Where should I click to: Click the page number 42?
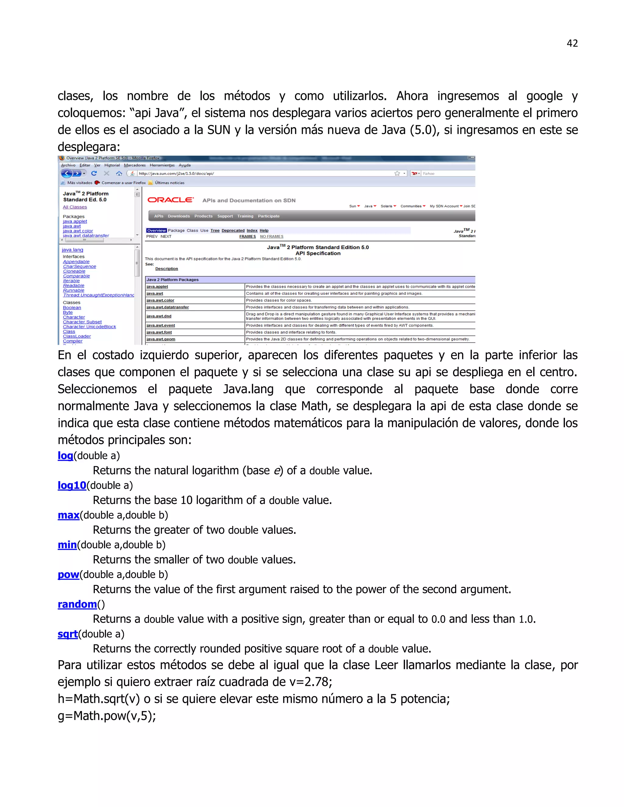click(572, 43)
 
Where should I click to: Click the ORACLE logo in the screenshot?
click(170, 200)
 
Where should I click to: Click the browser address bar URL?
click(176, 173)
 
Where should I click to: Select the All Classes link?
click(75, 207)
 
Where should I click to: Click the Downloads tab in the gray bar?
click(179, 216)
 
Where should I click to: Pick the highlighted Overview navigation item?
click(156, 230)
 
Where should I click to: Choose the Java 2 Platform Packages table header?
click(173, 280)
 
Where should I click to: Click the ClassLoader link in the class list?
click(76, 336)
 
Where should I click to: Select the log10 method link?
click(72, 485)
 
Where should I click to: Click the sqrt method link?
click(68, 634)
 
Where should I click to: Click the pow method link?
click(68, 574)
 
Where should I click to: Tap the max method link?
click(68, 515)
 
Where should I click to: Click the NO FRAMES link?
click(271, 237)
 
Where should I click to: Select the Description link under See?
click(166, 269)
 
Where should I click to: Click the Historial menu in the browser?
click(112, 165)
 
